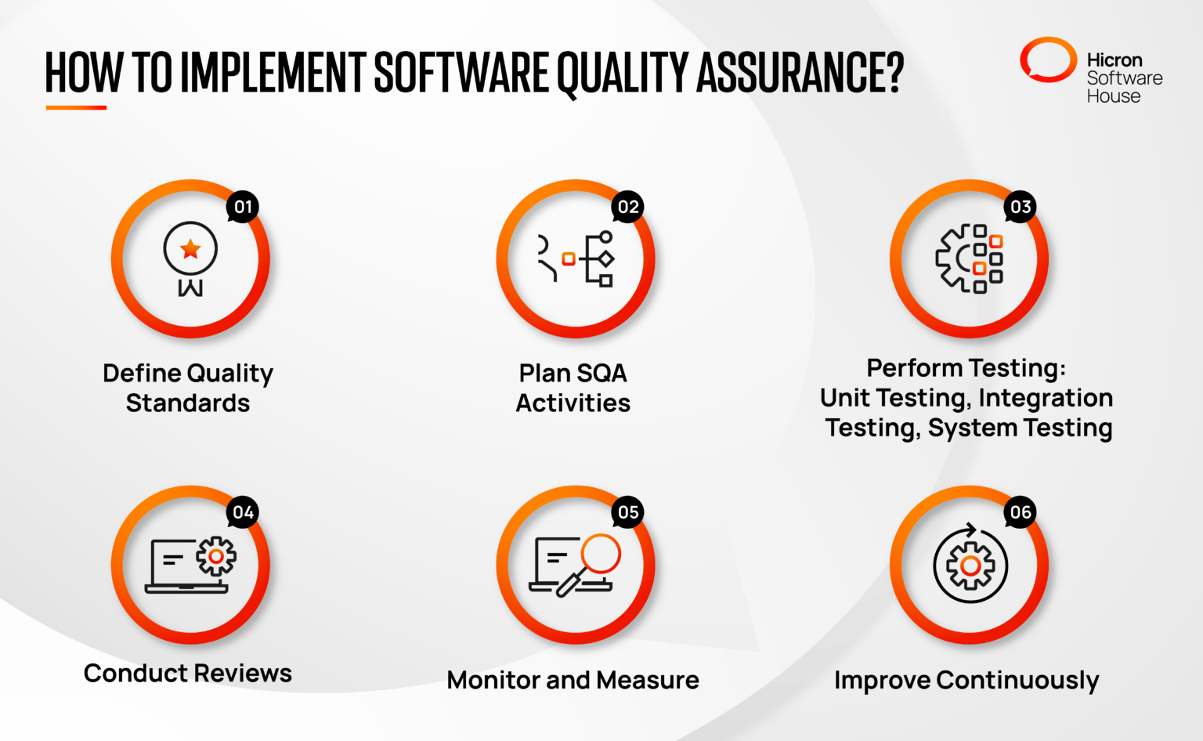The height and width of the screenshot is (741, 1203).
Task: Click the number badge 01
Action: (243, 207)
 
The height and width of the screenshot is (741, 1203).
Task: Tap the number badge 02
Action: (628, 207)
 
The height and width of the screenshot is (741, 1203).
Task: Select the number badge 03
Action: (1021, 207)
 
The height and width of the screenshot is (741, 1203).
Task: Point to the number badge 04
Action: (243, 512)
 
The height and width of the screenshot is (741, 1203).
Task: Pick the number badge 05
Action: (628, 512)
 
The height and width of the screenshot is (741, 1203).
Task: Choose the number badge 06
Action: (1021, 512)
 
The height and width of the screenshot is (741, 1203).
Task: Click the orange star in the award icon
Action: (190, 249)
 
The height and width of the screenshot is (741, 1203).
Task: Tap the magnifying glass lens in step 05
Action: (601, 553)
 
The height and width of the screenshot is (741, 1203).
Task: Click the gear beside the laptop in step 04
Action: (216, 556)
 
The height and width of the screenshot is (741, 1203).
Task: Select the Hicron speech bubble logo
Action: (1048, 60)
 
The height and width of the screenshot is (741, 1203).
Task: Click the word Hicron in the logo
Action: (1114, 60)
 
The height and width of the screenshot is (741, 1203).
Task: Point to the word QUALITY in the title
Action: (623, 72)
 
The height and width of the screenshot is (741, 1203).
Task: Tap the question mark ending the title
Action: (893, 72)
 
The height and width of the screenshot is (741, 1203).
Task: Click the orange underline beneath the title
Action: (76, 107)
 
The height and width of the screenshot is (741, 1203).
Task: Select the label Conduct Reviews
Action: (188, 673)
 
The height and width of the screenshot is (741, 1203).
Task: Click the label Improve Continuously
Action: (966, 680)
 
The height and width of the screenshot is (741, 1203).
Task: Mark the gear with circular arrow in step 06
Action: (970, 565)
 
